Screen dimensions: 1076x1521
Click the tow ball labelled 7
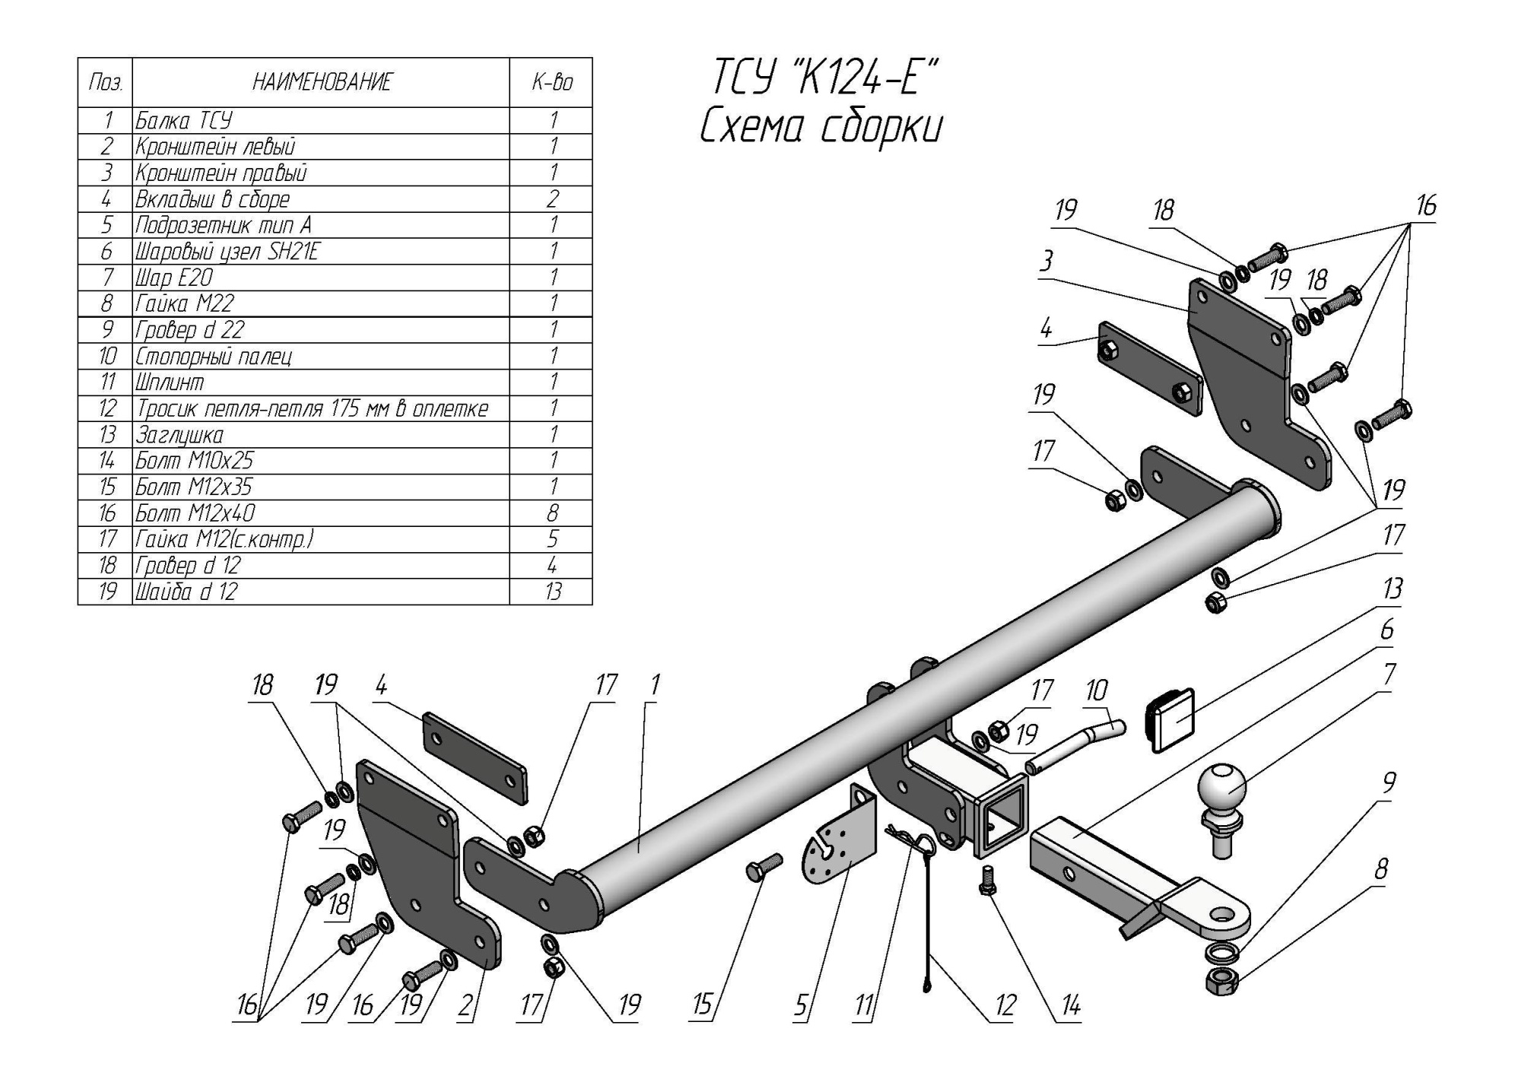point(1222,791)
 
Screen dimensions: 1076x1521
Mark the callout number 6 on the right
point(1386,630)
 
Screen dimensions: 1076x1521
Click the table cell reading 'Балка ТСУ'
point(185,120)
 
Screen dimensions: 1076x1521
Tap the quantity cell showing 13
point(553,592)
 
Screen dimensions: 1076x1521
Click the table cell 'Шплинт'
point(170,382)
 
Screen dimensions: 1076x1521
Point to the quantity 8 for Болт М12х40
point(553,513)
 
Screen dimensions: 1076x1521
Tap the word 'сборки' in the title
point(882,128)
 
